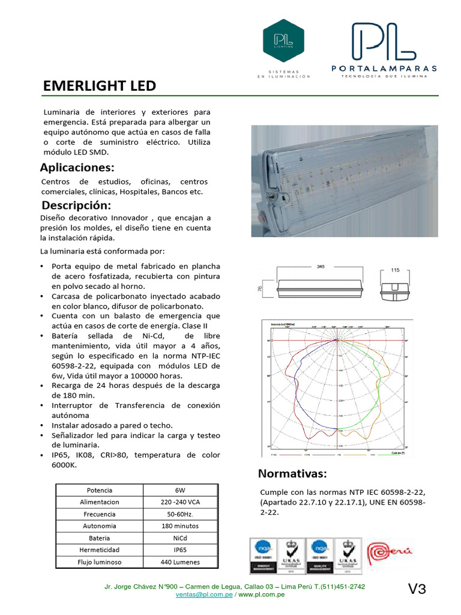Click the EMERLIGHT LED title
point(100,86)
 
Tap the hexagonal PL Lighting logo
point(283,40)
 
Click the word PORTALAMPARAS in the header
point(384,68)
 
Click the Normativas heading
point(293,473)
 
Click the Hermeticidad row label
point(100,550)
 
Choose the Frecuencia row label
point(100,514)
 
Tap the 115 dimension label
point(395,270)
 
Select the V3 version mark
point(417,590)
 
